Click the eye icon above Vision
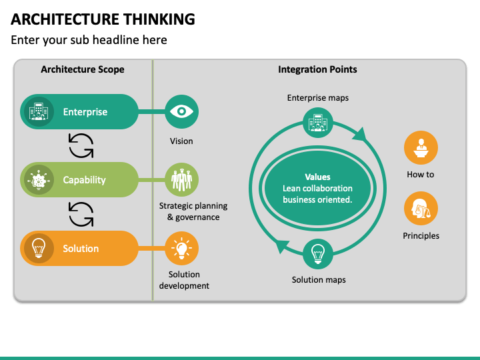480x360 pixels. (181, 111)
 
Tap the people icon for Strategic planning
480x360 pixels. (181, 180)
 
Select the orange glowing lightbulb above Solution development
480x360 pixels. (181, 248)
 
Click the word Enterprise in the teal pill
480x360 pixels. (85, 112)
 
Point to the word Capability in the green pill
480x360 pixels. (84, 180)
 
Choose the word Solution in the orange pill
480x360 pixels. (81, 249)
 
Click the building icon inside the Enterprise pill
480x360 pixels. (39, 112)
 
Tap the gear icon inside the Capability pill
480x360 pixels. (39, 180)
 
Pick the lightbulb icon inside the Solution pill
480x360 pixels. (39, 248)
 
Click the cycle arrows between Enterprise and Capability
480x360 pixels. (81, 146)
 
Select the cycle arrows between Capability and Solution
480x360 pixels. (81, 214)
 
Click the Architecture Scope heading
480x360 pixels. (83, 69)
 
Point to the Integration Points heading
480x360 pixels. (317, 69)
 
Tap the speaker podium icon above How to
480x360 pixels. (421, 147)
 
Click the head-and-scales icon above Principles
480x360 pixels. (421, 208)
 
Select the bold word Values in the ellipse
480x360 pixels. (317, 177)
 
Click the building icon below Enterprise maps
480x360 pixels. (318, 123)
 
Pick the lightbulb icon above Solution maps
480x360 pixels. (318, 254)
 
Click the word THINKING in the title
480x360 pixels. (159, 19)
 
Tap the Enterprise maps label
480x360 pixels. (318, 98)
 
